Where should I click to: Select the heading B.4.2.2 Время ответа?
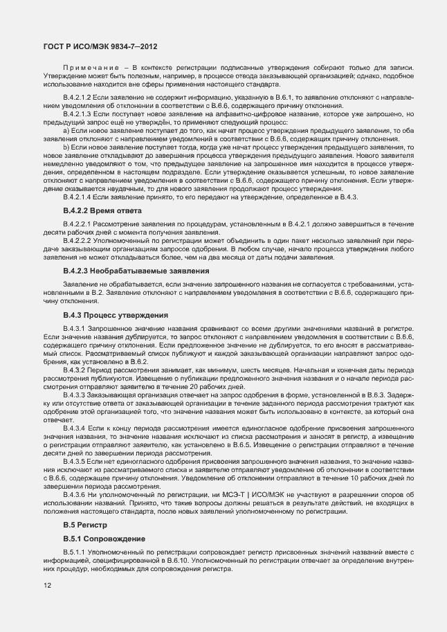tap(102, 210)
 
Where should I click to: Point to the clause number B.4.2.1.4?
tap(77, 198)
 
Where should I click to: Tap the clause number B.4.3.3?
tap(73, 395)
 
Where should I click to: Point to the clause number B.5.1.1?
tap(73, 552)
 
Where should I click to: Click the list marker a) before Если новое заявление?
tap(66, 129)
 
